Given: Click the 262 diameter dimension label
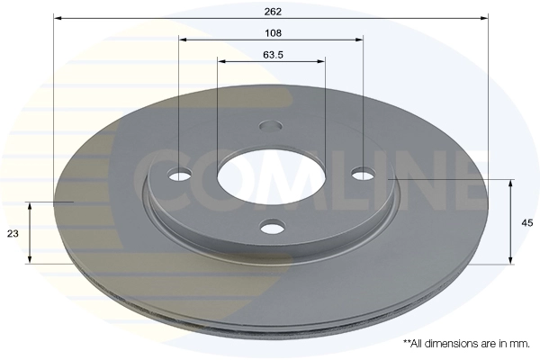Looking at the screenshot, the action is point(273,12).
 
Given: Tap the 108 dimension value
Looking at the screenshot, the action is point(273,33).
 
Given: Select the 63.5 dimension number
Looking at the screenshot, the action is point(273,55).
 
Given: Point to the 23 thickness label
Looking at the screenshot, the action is point(13,234).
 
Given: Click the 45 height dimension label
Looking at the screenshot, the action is point(527,223).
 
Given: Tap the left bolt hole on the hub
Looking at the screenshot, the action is point(180,175).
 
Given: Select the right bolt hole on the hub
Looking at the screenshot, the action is point(364,174).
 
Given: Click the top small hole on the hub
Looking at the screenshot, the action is point(271,126).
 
